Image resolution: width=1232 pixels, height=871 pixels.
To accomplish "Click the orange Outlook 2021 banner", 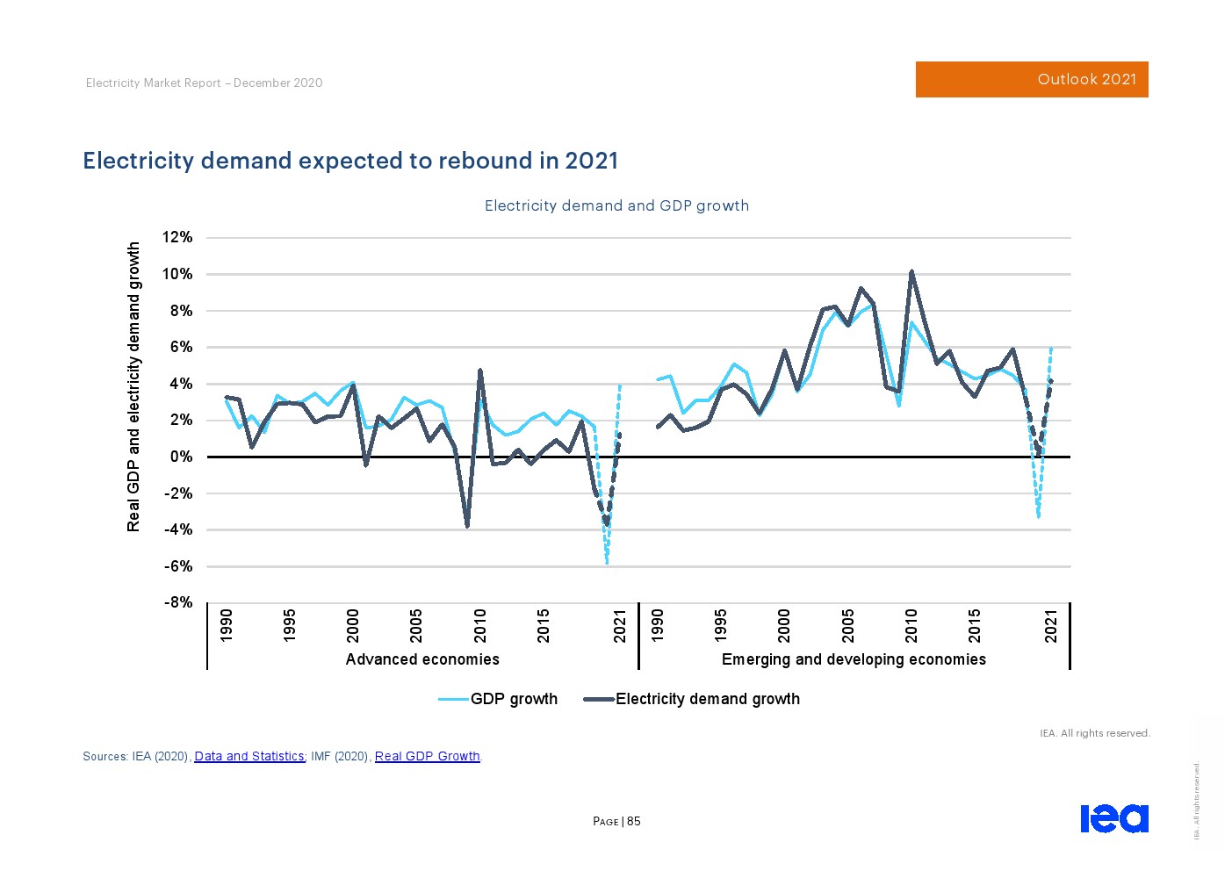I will click(x=1031, y=79).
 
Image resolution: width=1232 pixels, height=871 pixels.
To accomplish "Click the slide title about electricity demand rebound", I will click(x=350, y=161).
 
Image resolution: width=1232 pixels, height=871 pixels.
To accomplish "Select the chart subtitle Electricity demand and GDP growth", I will click(x=616, y=205).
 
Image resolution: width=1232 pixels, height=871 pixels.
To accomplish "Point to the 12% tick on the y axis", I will click(x=177, y=237).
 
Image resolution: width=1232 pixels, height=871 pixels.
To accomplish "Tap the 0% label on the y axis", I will click(x=181, y=457).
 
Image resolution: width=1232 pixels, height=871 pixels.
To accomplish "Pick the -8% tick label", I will click(x=177, y=602).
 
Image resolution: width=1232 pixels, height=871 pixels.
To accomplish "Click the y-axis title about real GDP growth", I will click(x=133, y=386).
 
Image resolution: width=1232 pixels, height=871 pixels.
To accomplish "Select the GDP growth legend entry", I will click(x=498, y=699).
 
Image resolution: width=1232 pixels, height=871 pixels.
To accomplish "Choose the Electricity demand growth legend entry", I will click(x=692, y=699).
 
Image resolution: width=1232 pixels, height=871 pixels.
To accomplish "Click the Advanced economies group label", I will click(x=422, y=659).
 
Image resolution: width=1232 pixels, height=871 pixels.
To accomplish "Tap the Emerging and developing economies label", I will click(x=854, y=659).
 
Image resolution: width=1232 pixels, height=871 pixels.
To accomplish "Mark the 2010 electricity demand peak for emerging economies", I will click(x=911, y=272).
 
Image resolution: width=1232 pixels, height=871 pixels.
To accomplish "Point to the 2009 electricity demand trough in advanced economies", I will click(x=467, y=525).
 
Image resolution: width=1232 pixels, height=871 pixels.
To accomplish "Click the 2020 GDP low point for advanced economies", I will click(x=607, y=562).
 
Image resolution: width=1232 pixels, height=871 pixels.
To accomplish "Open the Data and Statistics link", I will click(x=249, y=756).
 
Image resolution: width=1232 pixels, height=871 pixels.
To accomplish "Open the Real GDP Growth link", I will click(x=428, y=756).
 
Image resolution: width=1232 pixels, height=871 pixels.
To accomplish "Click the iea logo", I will click(x=1113, y=818).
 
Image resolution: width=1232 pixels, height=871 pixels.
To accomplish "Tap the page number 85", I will click(x=634, y=822).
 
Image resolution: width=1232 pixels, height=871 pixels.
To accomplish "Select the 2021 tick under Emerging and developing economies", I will click(x=1051, y=625).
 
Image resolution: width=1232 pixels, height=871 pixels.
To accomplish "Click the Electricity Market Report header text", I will click(x=204, y=83).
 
